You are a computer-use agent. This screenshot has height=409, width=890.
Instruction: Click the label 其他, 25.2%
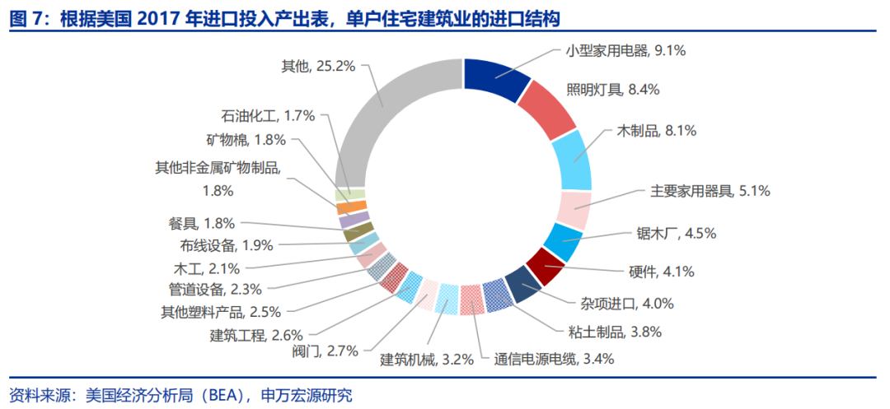point(317,66)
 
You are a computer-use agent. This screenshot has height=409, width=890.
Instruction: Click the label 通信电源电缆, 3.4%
point(554,358)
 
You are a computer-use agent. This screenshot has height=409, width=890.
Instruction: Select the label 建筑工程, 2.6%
point(256,334)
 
